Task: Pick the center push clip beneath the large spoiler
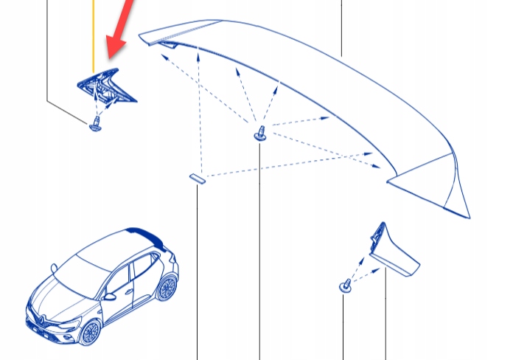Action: pos(259,134)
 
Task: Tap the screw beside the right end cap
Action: pos(344,285)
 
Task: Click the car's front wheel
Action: pos(90,332)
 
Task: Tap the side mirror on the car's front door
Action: pos(109,297)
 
